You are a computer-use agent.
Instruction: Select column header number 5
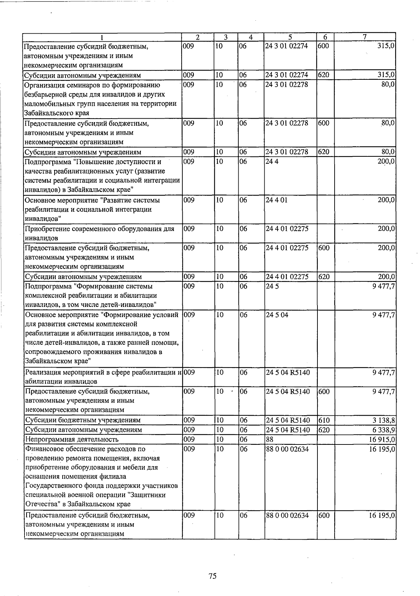click(x=290, y=37)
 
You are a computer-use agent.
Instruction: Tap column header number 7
click(x=364, y=37)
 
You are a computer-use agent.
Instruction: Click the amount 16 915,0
click(x=382, y=439)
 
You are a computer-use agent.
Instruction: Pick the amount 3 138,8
click(x=384, y=420)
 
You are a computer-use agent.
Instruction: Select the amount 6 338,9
click(x=384, y=429)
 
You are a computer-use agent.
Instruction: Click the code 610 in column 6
click(x=324, y=420)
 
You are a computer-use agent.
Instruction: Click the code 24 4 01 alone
click(x=277, y=200)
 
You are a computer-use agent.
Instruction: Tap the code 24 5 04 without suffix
click(x=277, y=315)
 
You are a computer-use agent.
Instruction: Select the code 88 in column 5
click(x=269, y=439)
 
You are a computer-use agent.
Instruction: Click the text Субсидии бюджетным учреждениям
click(x=83, y=420)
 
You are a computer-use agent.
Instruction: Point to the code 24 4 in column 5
click(x=272, y=162)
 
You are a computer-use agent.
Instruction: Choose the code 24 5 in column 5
click(x=272, y=286)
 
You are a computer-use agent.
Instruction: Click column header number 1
click(x=102, y=37)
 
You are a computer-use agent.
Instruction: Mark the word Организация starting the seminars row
click(x=44, y=85)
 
